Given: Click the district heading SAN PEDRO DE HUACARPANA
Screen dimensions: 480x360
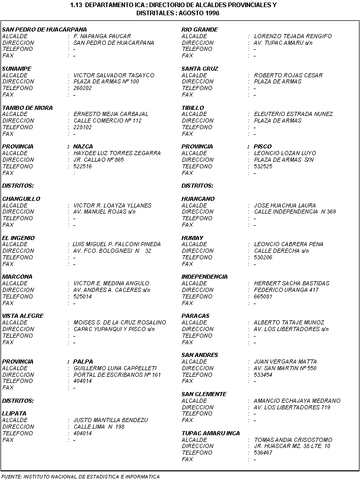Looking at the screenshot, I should pyautogui.click(x=44, y=29).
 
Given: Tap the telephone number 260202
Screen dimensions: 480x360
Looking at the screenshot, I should pyautogui.click(x=82, y=88).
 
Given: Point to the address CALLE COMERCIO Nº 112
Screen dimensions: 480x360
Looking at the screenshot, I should pyautogui.click(x=107, y=121).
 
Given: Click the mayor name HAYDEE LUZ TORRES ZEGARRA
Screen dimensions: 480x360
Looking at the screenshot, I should pyautogui.click(x=116, y=153).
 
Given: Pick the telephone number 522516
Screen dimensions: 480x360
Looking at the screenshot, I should pyautogui.click(x=82, y=166).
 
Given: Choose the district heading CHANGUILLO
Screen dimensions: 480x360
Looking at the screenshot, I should pyautogui.click(x=21, y=199).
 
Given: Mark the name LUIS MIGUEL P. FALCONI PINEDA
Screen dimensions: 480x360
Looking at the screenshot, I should pyautogui.click(x=116, y=244).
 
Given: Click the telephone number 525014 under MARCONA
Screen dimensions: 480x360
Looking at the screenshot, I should pyautogui.click(x=82, y=296).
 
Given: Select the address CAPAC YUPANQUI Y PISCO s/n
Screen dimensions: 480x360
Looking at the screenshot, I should pyautogui.click(x=113, y=329).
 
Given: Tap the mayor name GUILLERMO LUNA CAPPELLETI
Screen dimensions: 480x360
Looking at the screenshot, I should pyautogui.click(x=115, y=368).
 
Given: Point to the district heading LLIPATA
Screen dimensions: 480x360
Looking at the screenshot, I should pyautogui.click(x=14, y=414).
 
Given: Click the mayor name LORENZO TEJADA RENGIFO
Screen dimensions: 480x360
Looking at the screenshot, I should pyautogui.click(x=292, y=36).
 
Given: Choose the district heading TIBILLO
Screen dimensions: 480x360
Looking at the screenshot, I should pyautogui.click(x=193, y=108).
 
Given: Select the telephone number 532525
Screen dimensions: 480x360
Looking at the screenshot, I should pyautogui.click(x=263, y=166).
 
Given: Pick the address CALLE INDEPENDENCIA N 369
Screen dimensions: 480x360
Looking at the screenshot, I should pyautogui.click(x=294, y=212).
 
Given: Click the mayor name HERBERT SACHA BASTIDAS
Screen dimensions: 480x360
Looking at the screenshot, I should pyautogui.click(x=291, y=283).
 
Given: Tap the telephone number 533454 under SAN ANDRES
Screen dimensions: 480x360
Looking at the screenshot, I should pyautogui.click(x=263, y=375).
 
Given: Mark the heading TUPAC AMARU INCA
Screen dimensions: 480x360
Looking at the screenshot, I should pyautogui.click(x=211, y=433).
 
